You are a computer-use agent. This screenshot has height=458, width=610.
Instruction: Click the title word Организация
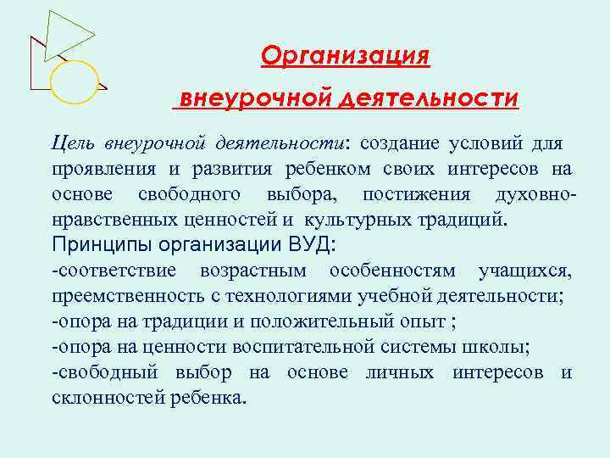(346, 56)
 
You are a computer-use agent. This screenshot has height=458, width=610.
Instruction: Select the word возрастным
(254, 271)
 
